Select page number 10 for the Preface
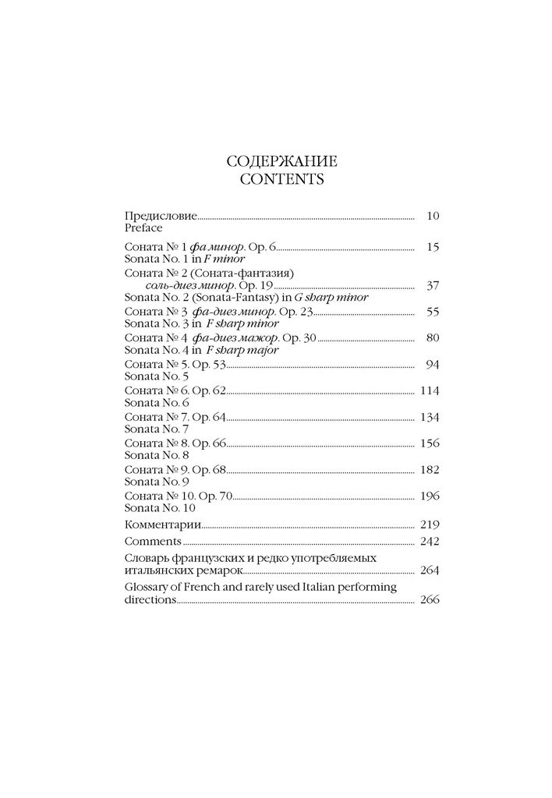coord(433,215)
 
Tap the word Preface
coord(143,228)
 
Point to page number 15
coord(433,246)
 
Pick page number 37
coord(433,285)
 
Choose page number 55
coord(433,311)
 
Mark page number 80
coord(433,337)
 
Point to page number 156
coord(430,443)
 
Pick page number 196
coord(430,495)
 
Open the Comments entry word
coord(152,541)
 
